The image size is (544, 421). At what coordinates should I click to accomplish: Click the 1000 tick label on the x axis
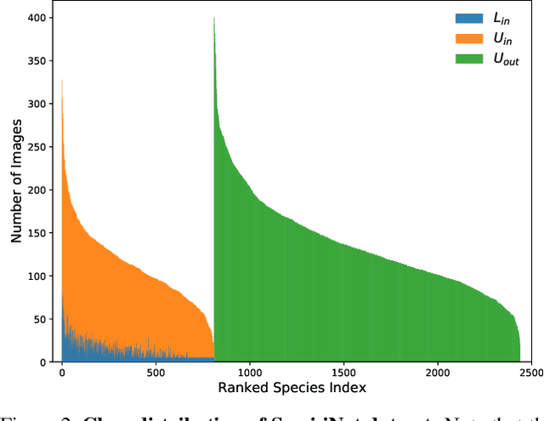pyautogui.click(x=249, y=373)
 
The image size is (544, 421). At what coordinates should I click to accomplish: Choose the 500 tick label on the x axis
pyautogui.click(x=155, y=373)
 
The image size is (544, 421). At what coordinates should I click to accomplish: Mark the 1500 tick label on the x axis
pyautogui.click(x=343, y=373)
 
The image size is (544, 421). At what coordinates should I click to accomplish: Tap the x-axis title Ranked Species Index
pyautogui.click(x=292, y=389)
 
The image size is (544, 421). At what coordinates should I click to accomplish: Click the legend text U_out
pyautogui.click(x=506, y=60)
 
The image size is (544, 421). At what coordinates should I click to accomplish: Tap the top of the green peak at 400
pyautogui.click(x=214, y=19)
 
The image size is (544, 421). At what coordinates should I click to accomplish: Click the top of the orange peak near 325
pyautogui.click(x=62, y=81)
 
